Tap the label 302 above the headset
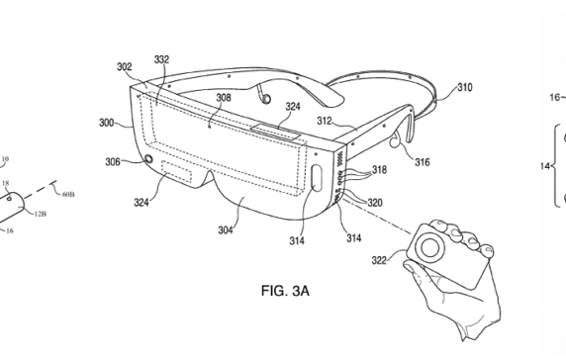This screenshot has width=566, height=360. click(x=124, y=67)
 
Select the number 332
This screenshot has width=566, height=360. click(x=159, y=61)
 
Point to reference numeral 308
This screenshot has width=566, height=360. click(x=225, y=98)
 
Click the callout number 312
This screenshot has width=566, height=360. click(x=324, y=122)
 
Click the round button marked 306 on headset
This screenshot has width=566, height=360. click(x=148, y=161)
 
